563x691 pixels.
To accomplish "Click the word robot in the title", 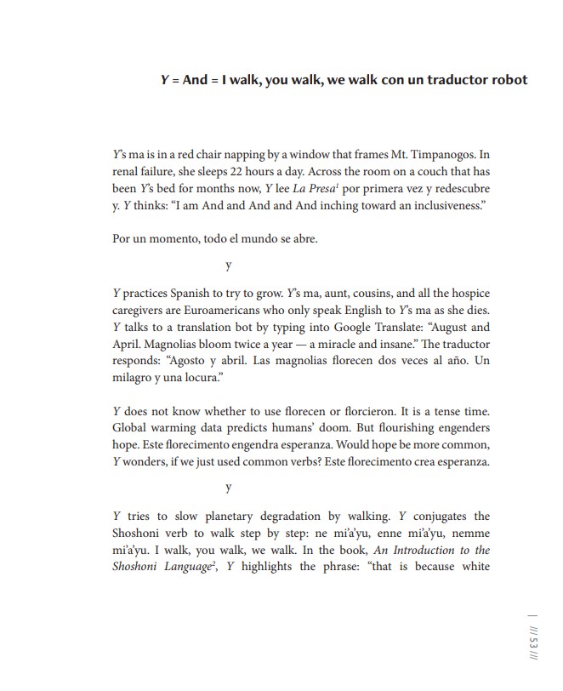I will [x=507, y=80].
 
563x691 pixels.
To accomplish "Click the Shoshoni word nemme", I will [x=470, y=534].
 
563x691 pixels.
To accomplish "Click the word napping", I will [x=243, y=155].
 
